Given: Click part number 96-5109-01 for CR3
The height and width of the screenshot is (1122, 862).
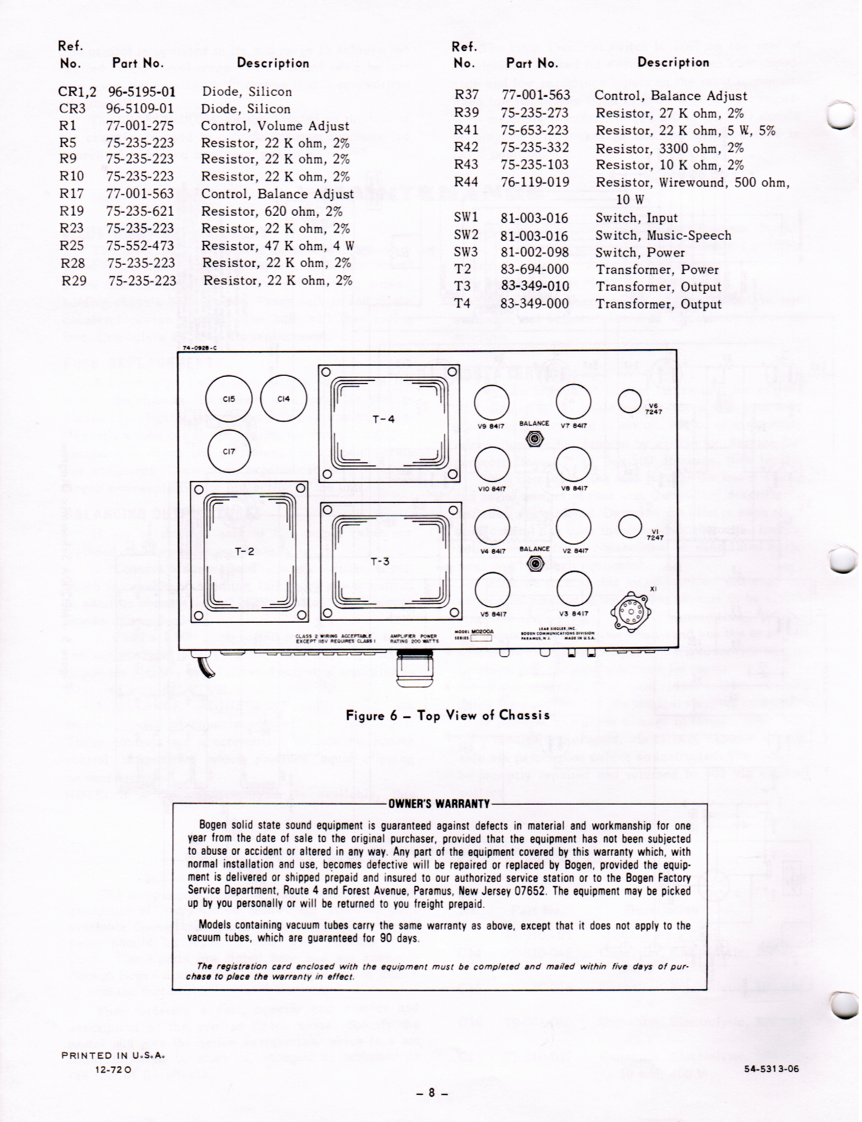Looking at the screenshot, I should (140, 109).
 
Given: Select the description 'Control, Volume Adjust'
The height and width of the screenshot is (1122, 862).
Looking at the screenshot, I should (275, 126).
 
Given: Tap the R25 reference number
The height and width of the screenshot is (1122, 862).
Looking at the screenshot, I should (71, 245).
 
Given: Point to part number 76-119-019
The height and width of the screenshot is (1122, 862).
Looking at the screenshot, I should (535, 182).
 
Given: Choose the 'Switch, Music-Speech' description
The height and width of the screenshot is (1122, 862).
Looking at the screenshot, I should (663, 236).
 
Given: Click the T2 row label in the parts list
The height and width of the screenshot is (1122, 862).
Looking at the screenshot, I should (462, 269).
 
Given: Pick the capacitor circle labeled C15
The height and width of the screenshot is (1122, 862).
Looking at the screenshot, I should (229, 400).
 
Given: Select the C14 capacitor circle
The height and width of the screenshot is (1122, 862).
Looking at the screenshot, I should (283, 399).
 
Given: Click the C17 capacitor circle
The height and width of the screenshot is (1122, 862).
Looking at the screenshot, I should (229, 452).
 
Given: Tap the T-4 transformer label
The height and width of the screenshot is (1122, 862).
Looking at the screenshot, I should (383, 420).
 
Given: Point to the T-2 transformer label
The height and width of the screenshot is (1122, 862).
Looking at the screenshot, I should (244, 551).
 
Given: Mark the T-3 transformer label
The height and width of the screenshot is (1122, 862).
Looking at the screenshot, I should (380, 561).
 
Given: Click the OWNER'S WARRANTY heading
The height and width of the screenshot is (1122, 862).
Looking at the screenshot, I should (439, 803).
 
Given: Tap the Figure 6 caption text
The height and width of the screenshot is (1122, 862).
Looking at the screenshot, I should (448, 715).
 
